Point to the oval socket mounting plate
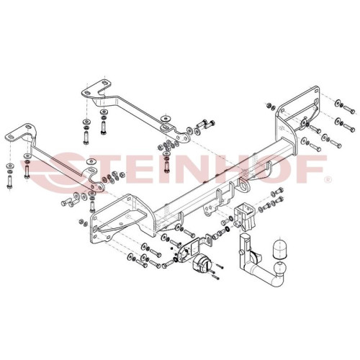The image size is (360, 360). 186,251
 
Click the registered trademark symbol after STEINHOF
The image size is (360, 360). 328,179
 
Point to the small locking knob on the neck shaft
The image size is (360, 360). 240,253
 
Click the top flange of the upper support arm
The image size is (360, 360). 96,88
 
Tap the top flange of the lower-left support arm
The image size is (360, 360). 20,132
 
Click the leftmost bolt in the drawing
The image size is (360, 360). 9,181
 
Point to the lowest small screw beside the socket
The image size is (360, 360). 215,278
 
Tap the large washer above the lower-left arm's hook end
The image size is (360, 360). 91,161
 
